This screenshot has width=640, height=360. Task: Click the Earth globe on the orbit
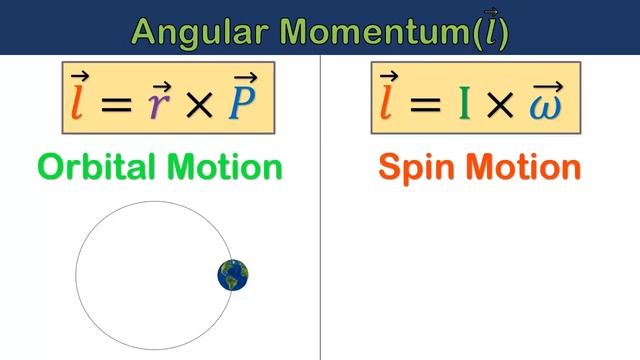click(x=233, y=274)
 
